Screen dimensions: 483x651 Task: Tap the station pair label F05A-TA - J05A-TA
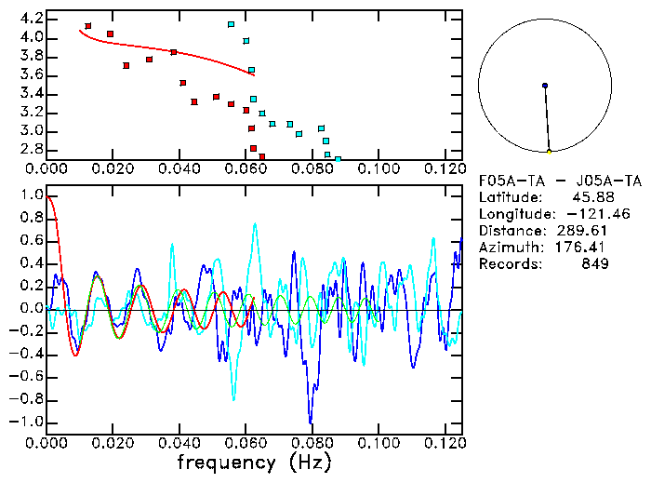(x=559, y=181)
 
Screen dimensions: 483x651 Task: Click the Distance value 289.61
(x=584, y=231)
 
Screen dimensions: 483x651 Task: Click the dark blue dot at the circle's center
(x=545, y=86)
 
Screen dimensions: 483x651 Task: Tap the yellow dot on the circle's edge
(x=550, y=152)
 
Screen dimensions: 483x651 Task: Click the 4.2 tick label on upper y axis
(x=30, y=19)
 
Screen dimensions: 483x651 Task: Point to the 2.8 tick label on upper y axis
(x=30, y=149)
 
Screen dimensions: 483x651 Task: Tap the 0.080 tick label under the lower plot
(x=312, y=441)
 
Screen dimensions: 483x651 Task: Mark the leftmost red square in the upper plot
(x=87, y=26)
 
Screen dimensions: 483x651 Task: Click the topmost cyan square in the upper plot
(x=231, y=24)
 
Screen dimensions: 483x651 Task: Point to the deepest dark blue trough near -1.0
(x=311, y=422)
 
